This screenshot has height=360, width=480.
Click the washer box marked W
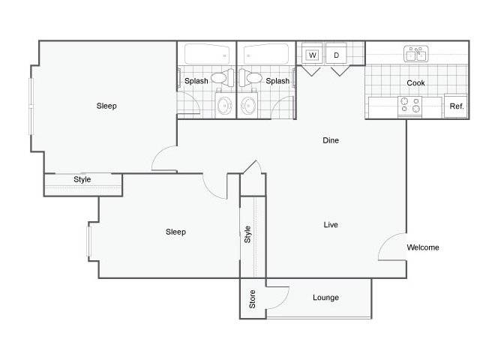pyautogui.click(x=312, y=55)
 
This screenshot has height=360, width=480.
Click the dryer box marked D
pyautogui.click(x=336, y=55)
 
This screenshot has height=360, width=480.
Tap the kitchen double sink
pyautogui.click(x=415, y=54)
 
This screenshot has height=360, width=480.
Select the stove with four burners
pyautogui.click(x=410, y=106)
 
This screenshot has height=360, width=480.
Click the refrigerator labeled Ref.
pyautogui.click(x=456, y=106)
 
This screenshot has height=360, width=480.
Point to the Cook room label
pyautogui.click(x=415, y=83)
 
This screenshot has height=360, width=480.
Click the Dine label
pyautogui.click(x=331, y=140)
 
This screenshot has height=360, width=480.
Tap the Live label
pyautogui.click(x=331, y=225)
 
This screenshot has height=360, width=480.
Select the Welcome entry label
pyautogui.click(x=423, y=247)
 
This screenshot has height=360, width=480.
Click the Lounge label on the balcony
pyautogui.click(x=325, y=298)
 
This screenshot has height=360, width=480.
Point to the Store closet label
pyautogui.click(x=252, y=299)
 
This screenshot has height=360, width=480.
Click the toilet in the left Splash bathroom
pyautogui.click(x=223, y=78)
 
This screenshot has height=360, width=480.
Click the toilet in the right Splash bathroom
pyautogui.click(x=250, y=78)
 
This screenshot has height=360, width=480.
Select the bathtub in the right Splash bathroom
pyautogui.click(x=266, y=54)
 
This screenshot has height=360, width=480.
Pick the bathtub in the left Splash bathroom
pyautogui.click(x=207, y=54)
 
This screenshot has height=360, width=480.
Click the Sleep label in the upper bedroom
pyautogui.click(x=106, y=106)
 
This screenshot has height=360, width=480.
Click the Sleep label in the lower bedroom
pyautogui.click(x=175, y=232)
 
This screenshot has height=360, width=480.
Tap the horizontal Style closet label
pyautogui.click(x=82, y=179)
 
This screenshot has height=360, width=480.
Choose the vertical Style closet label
pyautogui.click(x=247, y=235)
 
